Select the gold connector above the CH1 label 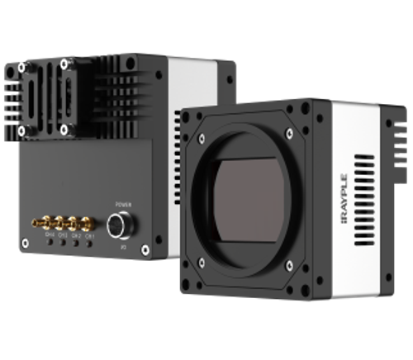click(88, 224)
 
